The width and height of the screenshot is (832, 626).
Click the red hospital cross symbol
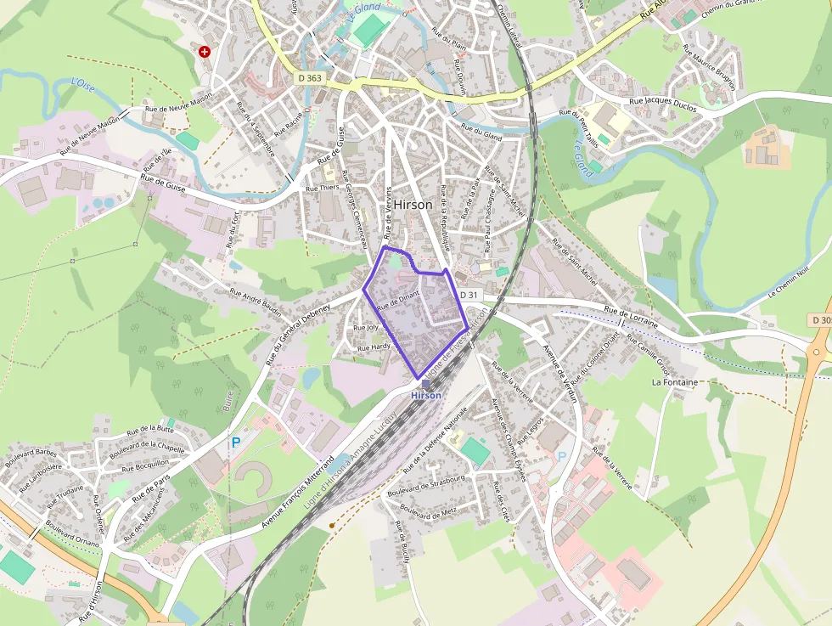pyautogui.click(x=204, y=52)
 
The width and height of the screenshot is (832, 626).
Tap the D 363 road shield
pyautogui.click(x=311, y=78)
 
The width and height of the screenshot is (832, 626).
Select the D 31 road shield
pyautogui.click(x=469, y=295)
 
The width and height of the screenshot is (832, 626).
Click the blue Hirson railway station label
pyautogui.click(x=426, y=396)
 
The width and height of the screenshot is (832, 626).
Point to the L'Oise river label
pyautogui.click(x=83, y=84)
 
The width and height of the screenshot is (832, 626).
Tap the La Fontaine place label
pyautogui.click(x=675, y=382)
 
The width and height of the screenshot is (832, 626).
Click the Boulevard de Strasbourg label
pyautogui.click(x=425, y=486)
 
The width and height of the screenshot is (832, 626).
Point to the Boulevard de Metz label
pyautogui.click(x=429, y=512)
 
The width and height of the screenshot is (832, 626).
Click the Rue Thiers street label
pyautogui.click(x=322, y=188)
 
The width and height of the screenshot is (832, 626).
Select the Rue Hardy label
pyautogui.click(x=374, y=347)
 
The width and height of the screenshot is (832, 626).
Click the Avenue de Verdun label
pyautogui.click(x=559, y=370)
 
